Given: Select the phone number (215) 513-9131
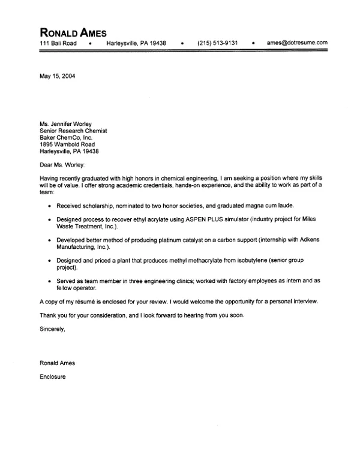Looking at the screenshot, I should (x=217, y=43).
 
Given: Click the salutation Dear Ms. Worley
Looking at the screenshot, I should (x=62, y=164).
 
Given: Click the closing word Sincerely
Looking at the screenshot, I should (x=52, y=329).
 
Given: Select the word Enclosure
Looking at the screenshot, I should (x=53, y=377).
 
